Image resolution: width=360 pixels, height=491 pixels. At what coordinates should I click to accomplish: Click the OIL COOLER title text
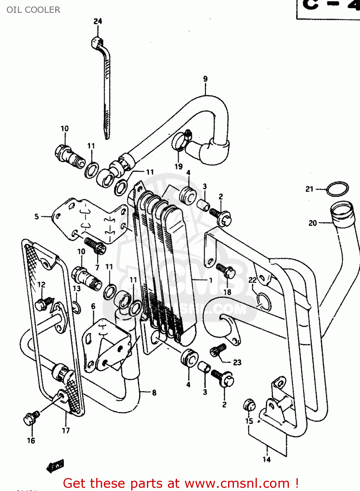tap(33, 10)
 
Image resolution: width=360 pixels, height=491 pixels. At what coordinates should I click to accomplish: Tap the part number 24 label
tap(98, 21)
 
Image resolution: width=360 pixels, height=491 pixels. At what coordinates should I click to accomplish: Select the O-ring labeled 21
tap(337, 189)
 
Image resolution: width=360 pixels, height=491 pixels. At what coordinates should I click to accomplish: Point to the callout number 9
tap(205, 79)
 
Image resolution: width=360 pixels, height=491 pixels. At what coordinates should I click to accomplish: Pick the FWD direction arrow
tap(55, 465)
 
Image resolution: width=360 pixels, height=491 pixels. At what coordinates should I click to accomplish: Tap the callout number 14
tap(266, 459)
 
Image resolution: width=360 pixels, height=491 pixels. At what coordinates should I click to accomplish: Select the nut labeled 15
tap(249, 406)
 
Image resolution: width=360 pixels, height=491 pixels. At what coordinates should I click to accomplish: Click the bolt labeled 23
tap(217, 350)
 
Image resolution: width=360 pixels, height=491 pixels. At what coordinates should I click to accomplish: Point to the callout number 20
tap(313, 223)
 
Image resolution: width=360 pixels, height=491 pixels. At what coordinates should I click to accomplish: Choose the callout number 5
tap(37, 216)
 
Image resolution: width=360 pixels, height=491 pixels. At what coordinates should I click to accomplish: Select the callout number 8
tap(154, 392)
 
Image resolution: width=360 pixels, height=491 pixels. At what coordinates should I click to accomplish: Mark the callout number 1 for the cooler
tap(211, 281)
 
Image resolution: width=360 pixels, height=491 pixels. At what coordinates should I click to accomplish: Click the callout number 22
tap(252, 280)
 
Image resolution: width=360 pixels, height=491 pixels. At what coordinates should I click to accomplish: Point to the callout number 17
tap(66, 430)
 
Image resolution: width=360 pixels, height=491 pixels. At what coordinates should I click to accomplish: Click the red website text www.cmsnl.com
tap(237, 483)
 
